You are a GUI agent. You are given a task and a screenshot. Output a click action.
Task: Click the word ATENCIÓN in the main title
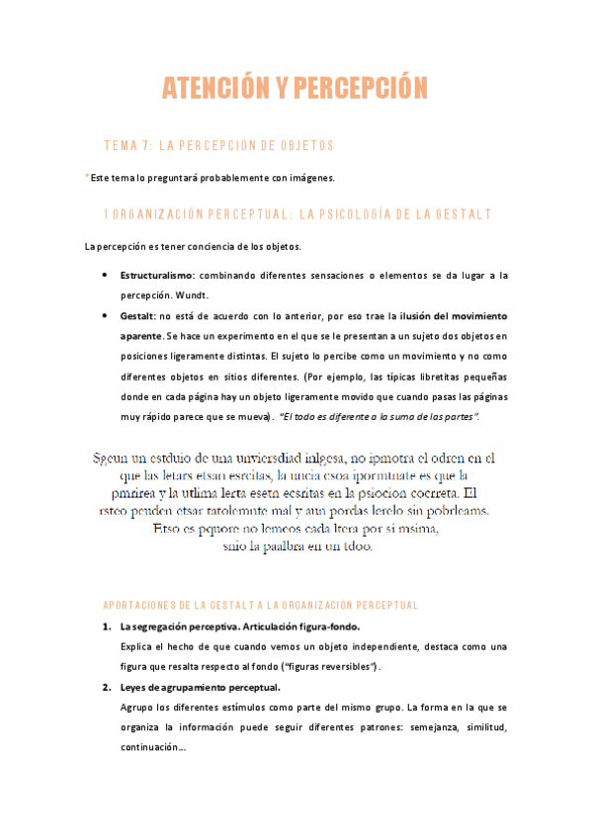pyautogui.click(x=215, y=89)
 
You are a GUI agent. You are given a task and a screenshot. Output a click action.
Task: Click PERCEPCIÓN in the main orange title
pyautogui.click(x=360, y=89)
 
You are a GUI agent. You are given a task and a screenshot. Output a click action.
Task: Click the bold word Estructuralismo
pyautogui.click(x=157, y=275)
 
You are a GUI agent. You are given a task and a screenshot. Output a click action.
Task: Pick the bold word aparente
pyautogui.click(x=142, y=337)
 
